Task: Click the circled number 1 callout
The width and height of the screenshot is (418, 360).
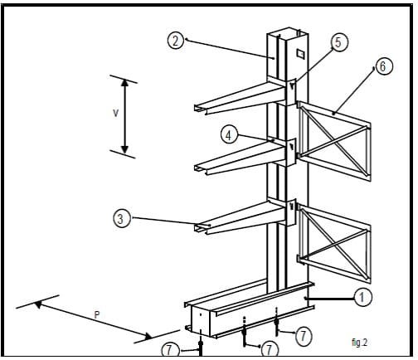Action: click(362, 297)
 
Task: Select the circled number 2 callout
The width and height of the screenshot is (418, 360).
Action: click(176, 41)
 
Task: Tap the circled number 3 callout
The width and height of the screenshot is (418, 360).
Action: click(121, 218)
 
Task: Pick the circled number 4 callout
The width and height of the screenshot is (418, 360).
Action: click(229, 135)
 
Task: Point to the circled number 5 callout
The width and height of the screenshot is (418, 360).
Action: click(339, 42)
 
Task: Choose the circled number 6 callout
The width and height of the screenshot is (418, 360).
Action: click(384, 66)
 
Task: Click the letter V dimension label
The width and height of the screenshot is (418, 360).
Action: click(116, 113)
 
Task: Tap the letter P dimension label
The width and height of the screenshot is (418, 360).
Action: click(97, 314)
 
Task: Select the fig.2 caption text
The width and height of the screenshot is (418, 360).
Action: click(360, 343)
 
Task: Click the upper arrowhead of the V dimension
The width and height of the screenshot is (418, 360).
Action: click(125, 82)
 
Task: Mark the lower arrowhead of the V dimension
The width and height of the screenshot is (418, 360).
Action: click(125, 149)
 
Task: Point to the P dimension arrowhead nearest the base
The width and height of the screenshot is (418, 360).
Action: click(148, 336)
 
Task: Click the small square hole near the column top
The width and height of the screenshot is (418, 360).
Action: click(300, 54)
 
